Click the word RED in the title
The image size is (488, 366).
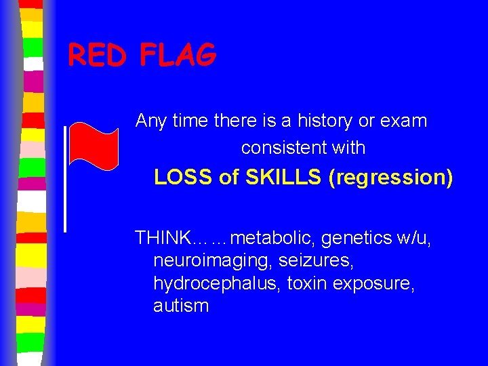coord(98,55)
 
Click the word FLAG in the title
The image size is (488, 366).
coord(178,55)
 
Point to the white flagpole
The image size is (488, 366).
coord(64,179)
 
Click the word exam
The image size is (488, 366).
coord(405,121)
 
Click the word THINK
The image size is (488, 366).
coord(163,238)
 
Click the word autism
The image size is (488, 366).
coord(181,306)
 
